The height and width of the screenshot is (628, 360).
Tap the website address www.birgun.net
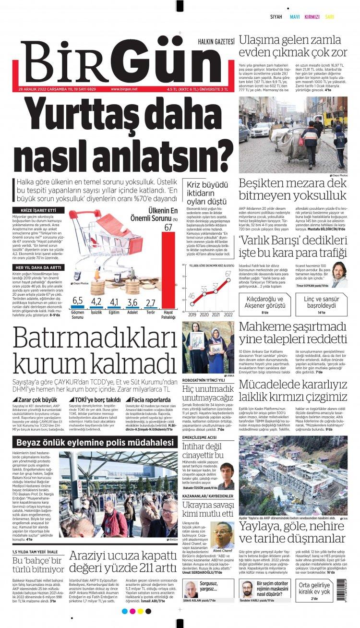pyautogui.click(x=124, y=89)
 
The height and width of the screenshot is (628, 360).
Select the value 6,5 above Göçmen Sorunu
pyautogui.click(x=77, y=301)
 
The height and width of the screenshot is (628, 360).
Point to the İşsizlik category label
pyautogui.click(x=96, y=312)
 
